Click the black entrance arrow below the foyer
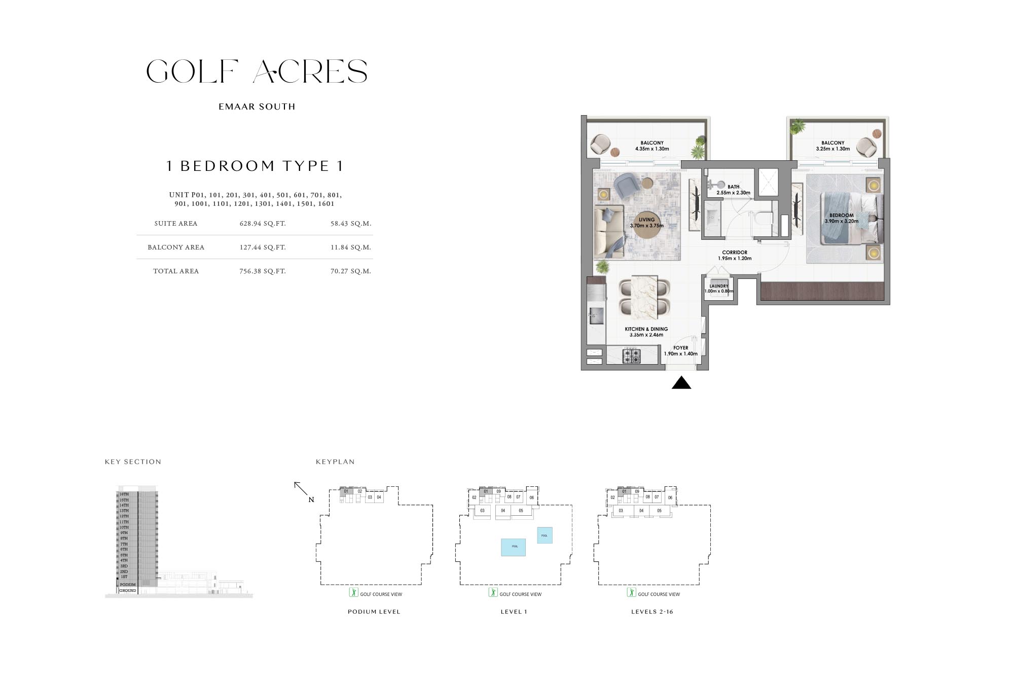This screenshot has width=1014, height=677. coord(681,383)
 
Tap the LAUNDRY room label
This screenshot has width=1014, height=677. coord(718,286)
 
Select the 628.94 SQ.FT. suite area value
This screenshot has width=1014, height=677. coord(263,224)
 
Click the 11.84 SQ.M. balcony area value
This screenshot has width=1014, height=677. coord(350,247)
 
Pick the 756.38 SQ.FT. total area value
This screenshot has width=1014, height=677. coord(263,271)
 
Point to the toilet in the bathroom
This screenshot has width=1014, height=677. coord(763,218)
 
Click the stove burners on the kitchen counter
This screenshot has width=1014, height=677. coord(632,355)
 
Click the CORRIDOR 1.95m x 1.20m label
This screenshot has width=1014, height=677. coord(735,255)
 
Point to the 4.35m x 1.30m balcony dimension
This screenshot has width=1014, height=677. coord(652,149)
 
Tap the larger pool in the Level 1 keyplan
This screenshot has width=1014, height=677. coord(513,547)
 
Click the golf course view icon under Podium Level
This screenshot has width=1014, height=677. coord(354,592)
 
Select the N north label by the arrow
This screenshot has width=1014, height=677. coord(311,500)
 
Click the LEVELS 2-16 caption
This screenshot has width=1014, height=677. coord(652,612)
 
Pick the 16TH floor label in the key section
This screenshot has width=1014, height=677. coord(124,494)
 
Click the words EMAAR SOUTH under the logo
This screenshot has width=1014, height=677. coord(257,107)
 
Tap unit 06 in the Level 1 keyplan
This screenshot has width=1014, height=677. coord(531,497)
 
